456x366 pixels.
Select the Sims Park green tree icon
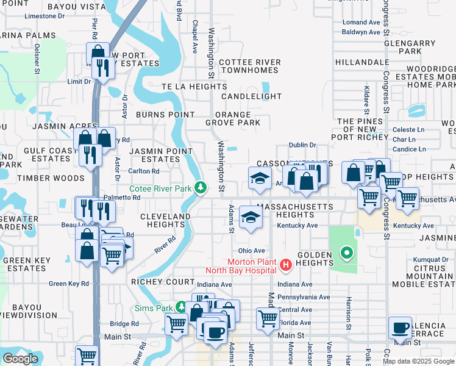tap(181, 307)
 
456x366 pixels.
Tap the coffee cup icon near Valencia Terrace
tap(401, 328)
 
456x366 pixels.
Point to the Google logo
tap(21, 359)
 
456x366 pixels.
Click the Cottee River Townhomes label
tap(250, 66)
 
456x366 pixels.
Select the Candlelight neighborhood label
tap(252, 96)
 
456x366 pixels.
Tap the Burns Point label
tap(165, 115)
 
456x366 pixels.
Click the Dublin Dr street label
tap(302, 145)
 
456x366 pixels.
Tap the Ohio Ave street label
tap(251, 251)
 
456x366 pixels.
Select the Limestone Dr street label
tap(45, 16)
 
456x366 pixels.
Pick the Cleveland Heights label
tap(165, 220)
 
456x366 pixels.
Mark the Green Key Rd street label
tap(69, 284)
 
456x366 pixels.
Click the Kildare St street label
tap(367, 100)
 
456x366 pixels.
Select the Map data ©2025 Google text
tap(418, 361)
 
